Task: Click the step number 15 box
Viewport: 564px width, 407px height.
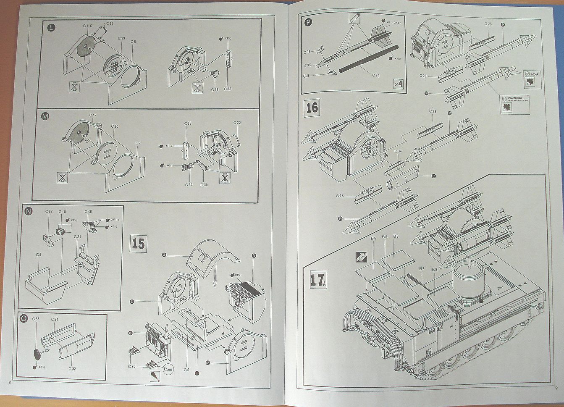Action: [x=138, y=244]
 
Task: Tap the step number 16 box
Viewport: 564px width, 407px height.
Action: [x=312, y=108]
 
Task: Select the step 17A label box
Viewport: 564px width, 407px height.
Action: [x=318, y=280]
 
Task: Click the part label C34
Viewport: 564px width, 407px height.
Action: [x=398, y=151]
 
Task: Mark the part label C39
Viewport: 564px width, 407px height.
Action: [x=188, y=124]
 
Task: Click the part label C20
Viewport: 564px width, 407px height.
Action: [x=114, y=126]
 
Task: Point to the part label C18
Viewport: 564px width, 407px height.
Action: [x=214, y=89]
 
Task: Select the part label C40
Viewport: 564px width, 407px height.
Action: [x=88, y=212]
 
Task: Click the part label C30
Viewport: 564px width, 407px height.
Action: [x=205, y=185]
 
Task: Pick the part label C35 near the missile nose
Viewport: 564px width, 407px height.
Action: [x=307, y=66]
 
